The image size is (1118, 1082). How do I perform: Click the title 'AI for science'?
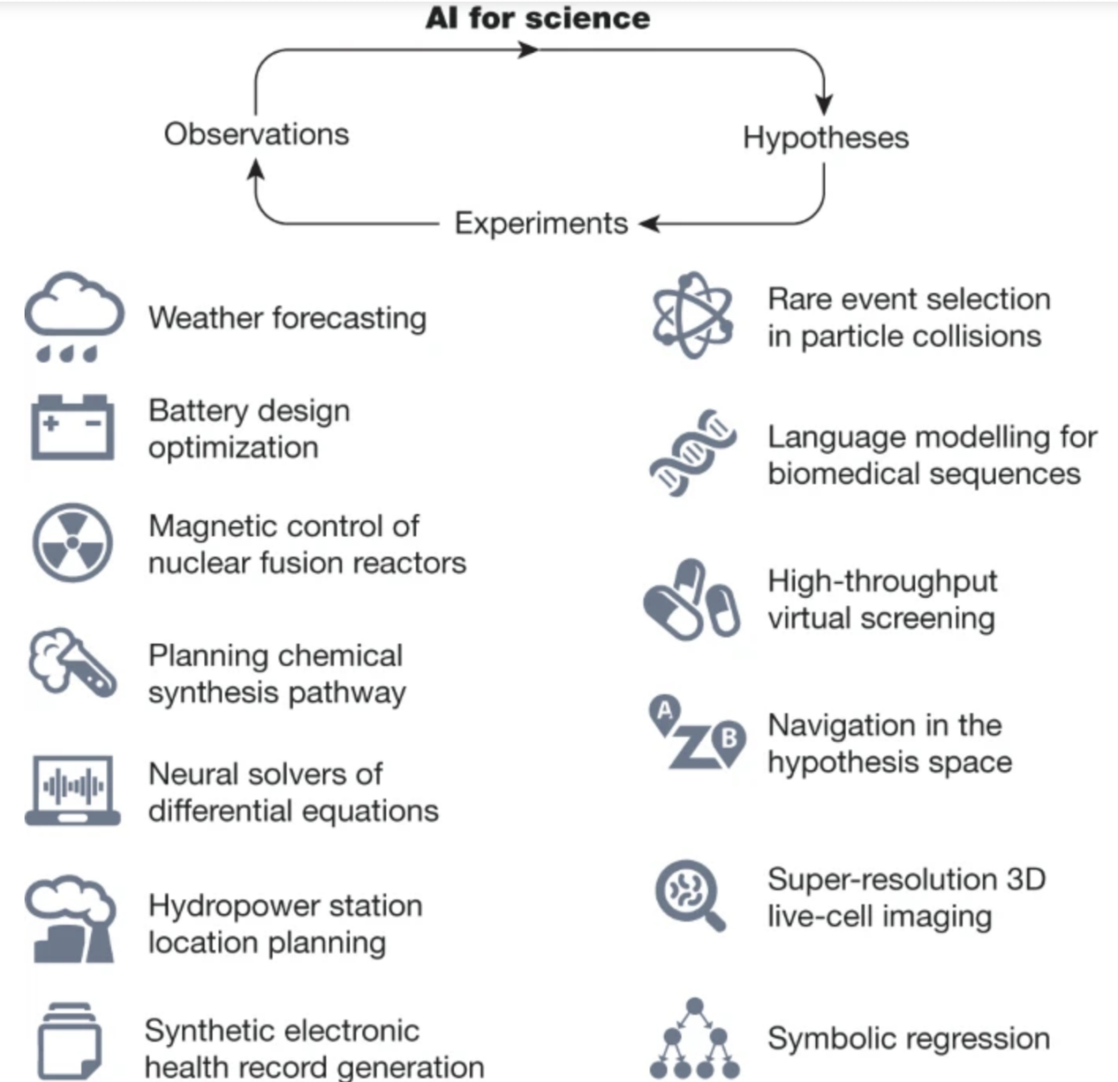(x=538, y=18)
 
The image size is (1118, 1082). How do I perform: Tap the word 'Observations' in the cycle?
(x=257, y=134)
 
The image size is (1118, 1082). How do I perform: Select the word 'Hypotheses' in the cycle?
(x=825, y=138)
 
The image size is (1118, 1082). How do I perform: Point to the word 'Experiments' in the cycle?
(x=540, y=223)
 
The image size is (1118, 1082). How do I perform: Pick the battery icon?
(x=72, y=427)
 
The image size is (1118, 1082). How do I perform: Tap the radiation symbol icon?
(x=72, y=543)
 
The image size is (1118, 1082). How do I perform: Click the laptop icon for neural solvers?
(x=72, y=790)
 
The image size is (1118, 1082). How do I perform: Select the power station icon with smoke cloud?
(x=71, y=919)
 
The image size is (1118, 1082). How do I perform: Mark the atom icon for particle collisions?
(x=693, y=315)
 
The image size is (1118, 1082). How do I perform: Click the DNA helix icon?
(x=693, y=452)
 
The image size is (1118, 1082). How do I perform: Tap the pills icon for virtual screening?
(x=691, y=599)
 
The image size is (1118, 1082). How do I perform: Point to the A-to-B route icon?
(x=697, y=734)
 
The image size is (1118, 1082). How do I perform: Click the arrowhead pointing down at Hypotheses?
(x=824, y=104)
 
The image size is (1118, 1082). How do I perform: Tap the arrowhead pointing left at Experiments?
(x=650, y=224)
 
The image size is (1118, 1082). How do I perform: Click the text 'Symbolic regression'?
(x=908, y=1038)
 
